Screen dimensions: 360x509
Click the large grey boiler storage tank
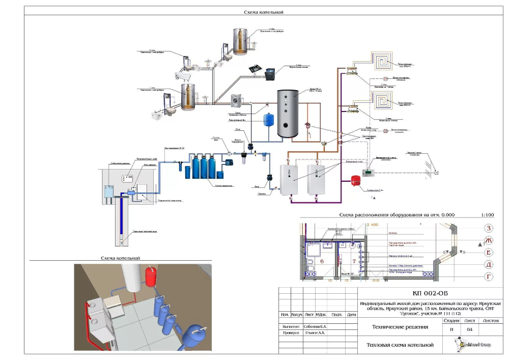288,114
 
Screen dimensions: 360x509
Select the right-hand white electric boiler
316,179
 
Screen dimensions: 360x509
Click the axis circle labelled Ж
489,240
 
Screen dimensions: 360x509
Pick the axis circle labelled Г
489,276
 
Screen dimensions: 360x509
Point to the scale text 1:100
486,215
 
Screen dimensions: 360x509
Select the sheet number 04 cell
470,329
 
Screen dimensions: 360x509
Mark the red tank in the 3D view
150,275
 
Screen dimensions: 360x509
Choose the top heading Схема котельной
264,12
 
